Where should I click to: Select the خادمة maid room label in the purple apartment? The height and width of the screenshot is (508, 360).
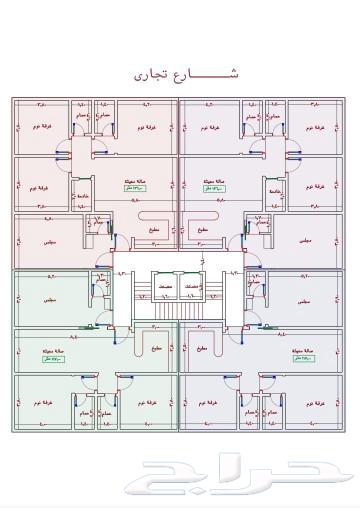[x=275, y=183]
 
